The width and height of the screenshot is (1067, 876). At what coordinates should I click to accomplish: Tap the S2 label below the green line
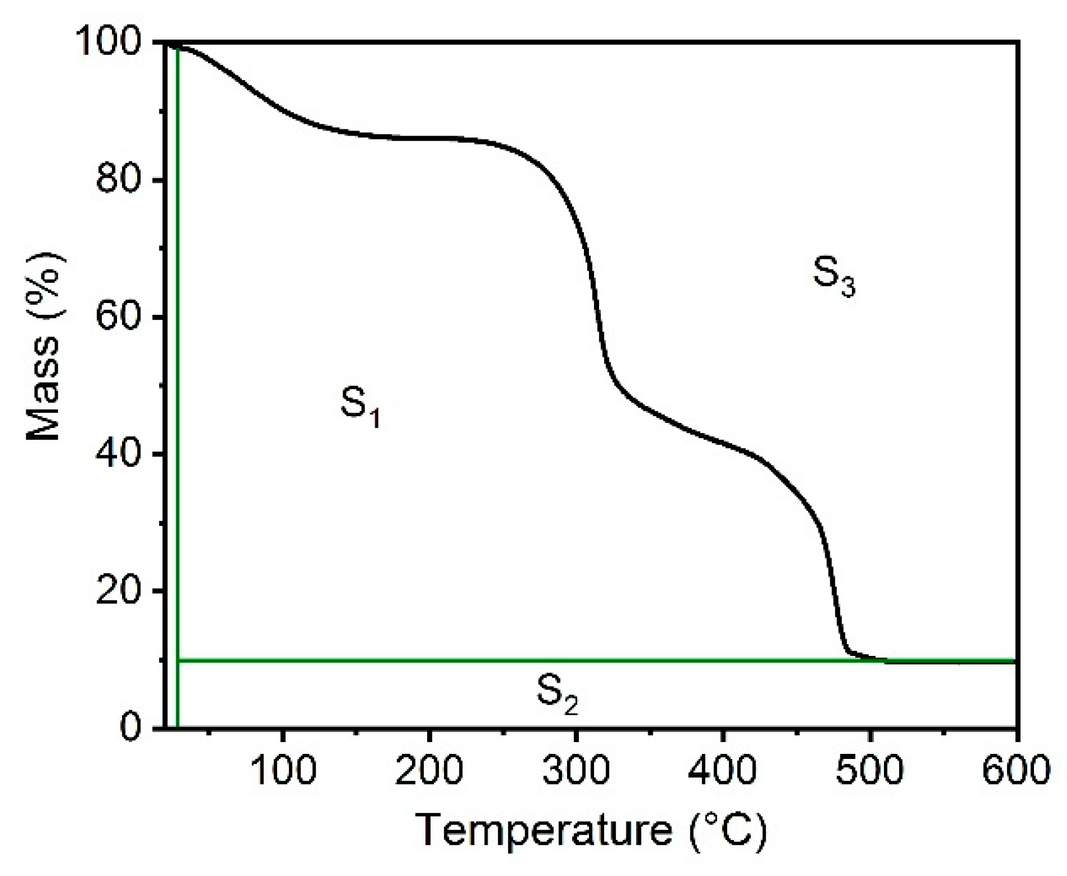tap(557, 694)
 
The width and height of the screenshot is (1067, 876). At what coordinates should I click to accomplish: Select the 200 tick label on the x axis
tap(429, 770)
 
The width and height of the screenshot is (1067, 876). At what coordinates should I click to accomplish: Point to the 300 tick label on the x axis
tap(576, 770)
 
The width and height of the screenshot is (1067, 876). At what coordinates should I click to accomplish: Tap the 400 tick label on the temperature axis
tap(723, 770)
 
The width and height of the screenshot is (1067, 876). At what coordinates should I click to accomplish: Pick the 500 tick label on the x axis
tap(869, 770)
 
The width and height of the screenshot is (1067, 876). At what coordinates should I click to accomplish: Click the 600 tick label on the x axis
tap(1014, 770)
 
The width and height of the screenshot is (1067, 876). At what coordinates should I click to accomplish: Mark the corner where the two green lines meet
tap(178, 660)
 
